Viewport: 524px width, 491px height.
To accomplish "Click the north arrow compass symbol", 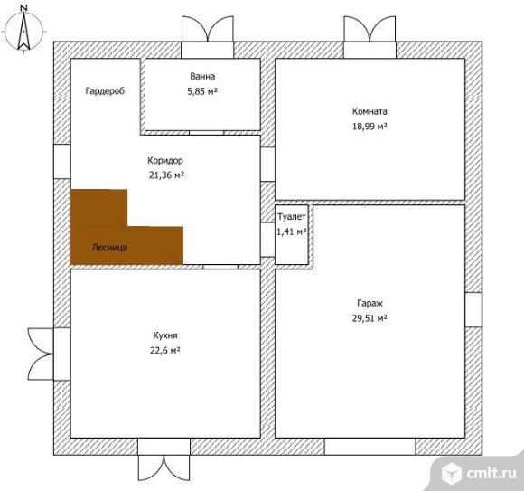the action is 23,30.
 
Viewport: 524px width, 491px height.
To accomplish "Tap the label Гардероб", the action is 105,91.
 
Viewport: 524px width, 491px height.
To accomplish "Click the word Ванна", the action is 202,76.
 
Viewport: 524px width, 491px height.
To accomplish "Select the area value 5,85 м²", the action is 202,91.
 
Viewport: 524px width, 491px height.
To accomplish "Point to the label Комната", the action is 370,111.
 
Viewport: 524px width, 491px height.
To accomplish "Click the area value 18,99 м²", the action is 370,126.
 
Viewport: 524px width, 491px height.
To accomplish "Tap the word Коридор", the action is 165,161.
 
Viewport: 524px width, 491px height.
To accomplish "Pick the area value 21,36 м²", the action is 166,175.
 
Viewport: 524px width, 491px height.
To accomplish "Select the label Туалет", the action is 292,217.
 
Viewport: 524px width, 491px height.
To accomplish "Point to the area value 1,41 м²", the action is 292,231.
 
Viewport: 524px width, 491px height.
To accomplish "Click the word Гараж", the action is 370,303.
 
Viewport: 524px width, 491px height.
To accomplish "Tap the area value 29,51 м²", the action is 370,317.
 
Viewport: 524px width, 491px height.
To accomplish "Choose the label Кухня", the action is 165,335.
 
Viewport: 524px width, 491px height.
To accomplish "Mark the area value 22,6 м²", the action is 165,350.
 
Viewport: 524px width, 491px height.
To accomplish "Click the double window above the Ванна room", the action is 208,37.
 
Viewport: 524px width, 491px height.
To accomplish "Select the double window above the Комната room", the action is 370,37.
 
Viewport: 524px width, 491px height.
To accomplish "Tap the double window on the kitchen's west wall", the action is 49,354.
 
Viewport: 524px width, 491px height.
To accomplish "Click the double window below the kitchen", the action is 164,459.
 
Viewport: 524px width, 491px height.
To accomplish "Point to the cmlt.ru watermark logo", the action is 479,473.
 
